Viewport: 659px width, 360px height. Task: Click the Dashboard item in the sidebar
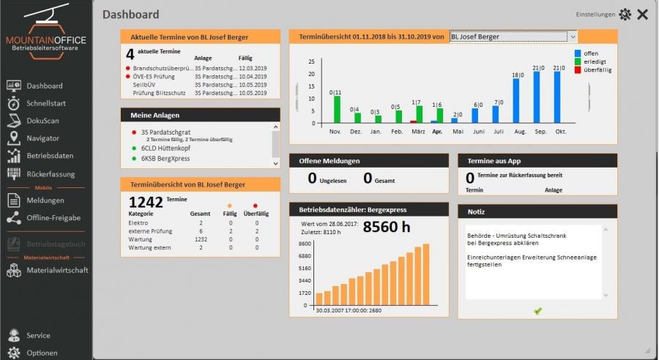click(x=44, y=86)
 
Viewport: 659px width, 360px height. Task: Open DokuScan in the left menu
click(x=42, y=121)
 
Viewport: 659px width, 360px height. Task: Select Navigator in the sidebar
click(x=42, y=138)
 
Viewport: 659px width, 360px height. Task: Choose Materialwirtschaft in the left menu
click(x=56, y=271)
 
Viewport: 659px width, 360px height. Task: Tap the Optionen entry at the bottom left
click(x=42, y=353)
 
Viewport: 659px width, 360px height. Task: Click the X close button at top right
click(x=642, y=14)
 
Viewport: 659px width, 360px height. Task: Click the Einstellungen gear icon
click(x=625, y=14)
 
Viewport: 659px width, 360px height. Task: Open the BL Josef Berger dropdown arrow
click(x=573, y=36)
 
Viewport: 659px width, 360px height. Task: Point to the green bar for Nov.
click(x=337, y=109)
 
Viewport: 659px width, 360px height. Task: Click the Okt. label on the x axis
click(x=562, y=132)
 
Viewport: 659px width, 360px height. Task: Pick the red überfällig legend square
click(x=578, y=70)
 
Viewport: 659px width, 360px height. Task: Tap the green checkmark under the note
click(x=538, y=311)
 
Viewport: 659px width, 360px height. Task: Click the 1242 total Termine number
click(x=146, y=203)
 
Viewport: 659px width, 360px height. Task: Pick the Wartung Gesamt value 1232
click(x=200, y=239)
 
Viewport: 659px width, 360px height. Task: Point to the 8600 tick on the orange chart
click(x=305, y=244)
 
